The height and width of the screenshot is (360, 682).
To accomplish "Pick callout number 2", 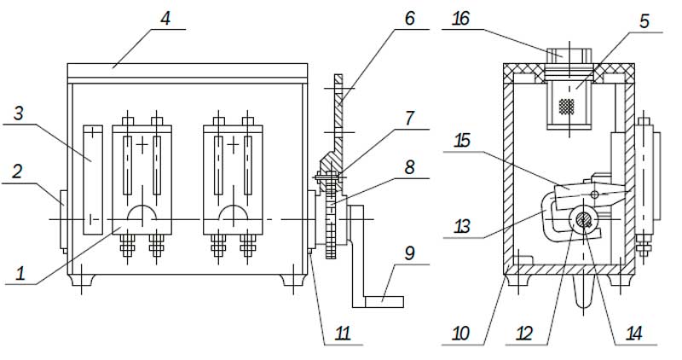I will coord(16,171).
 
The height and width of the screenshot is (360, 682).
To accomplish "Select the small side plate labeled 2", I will coord(63,219).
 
